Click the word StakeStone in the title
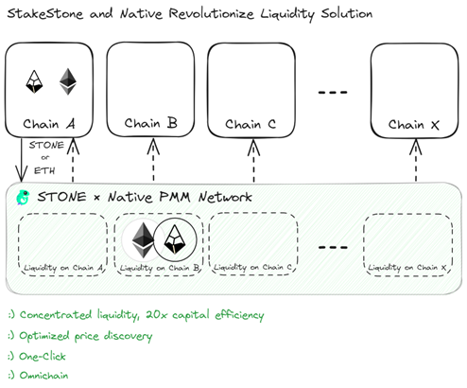click(x=45, y=14)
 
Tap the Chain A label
click(x=49, y=124)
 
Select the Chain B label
click(x=150, y=123)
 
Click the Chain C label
click(x=251, y=124)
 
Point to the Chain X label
click(x=413, y=125)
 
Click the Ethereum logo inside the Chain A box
click(x=68, y=81)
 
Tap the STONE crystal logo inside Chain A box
click(x=34, y=81)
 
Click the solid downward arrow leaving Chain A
click(x=22, y=160)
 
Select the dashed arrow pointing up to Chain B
click(x=153, y=160)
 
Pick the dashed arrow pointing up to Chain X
click(x=416, y=160)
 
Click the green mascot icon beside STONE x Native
click(x=23, y=198)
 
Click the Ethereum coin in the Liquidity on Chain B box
click(x=144, y=239)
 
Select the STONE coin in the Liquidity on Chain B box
click(x=175, y=239)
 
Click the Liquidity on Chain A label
click(x=63, y=268)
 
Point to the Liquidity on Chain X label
click(x=407, y=268)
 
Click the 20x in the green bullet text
click(x=157, y=315)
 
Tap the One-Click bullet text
click(x=43, y=357)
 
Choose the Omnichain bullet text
click(x=43, y=376)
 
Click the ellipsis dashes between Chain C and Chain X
click(x=333, y=93)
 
